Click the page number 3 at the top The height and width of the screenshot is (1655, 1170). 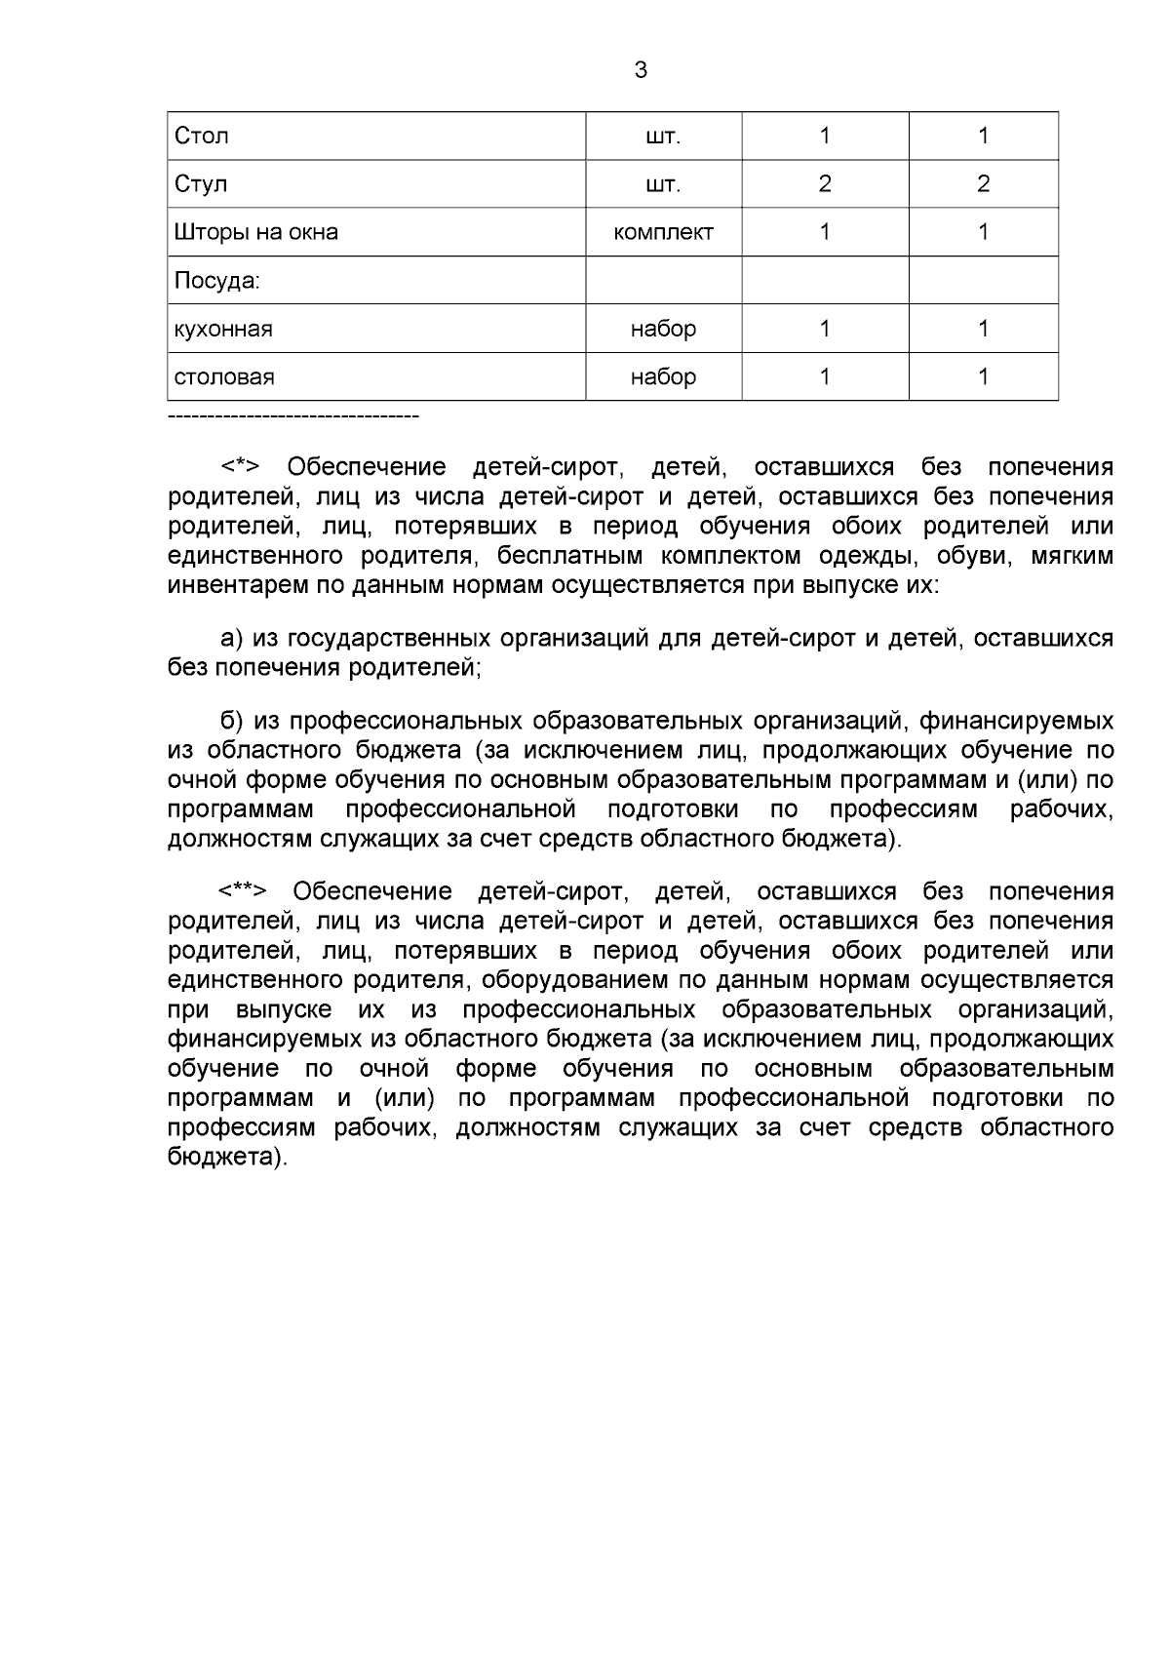(641, 70)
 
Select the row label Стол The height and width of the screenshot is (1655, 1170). (201, 136)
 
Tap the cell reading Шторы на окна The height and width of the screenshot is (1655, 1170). (255, 232)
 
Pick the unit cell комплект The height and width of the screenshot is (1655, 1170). (663, 232)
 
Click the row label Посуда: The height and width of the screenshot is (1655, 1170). (216, 281)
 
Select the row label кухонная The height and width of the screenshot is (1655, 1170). (222, 329)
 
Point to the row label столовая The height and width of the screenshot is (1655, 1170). (223, 376)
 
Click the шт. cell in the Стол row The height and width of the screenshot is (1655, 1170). (663, 136)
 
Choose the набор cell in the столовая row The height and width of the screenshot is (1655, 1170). (663, 376)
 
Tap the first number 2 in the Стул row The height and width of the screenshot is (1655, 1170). (825, 183)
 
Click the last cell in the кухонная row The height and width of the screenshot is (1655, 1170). (983, 329)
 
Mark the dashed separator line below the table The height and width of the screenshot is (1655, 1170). (292, 417)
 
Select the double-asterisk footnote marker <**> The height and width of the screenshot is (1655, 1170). (243, 891)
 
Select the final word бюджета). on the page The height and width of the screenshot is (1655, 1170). (228, 1158)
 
